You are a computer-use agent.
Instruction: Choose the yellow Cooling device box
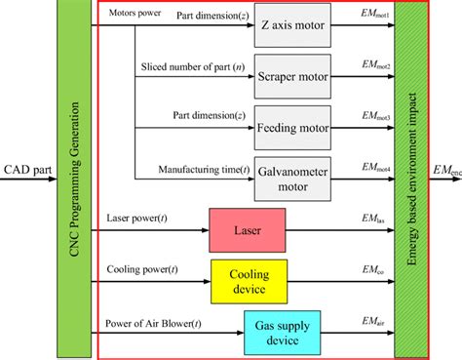tap(250, 280)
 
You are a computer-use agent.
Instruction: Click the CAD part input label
tap(27, 170)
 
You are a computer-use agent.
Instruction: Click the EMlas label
tap(373, 223)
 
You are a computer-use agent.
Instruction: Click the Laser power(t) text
tap(137, 220)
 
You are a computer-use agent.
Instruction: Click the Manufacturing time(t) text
tap(204, 169)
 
